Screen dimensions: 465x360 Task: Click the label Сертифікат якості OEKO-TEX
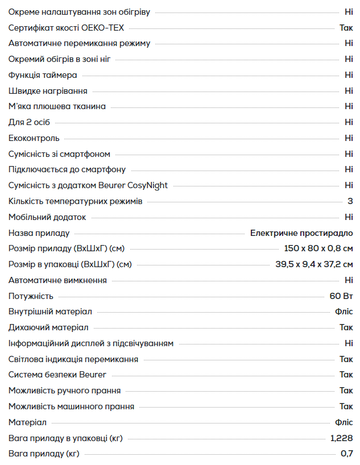[66, 28]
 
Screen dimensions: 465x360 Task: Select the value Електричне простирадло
[301, 233]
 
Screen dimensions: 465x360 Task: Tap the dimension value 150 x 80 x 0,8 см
[318, 249]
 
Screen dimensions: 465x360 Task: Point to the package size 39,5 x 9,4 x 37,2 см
[314, 264]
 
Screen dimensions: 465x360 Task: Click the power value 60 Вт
[341, 296]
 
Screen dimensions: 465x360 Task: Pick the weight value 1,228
[341, 438]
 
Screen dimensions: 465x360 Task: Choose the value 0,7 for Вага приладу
[347, 454]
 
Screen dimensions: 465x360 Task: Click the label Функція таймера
[43, 75]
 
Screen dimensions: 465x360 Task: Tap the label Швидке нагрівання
[48, 91]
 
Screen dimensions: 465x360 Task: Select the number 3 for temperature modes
[350, 201]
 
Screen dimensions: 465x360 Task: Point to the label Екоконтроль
[34, 138]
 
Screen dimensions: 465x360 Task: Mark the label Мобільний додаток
[47, 217]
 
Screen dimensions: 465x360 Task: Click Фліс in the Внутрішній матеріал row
[344, 312]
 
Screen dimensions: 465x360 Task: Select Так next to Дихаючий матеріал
[346, 327]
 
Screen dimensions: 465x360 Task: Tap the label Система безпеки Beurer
[57, 375]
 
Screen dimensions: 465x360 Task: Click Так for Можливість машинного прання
[346, 406]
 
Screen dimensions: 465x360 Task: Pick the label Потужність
[31, 296]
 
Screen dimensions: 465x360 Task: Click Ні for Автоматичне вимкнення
[349, 280]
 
